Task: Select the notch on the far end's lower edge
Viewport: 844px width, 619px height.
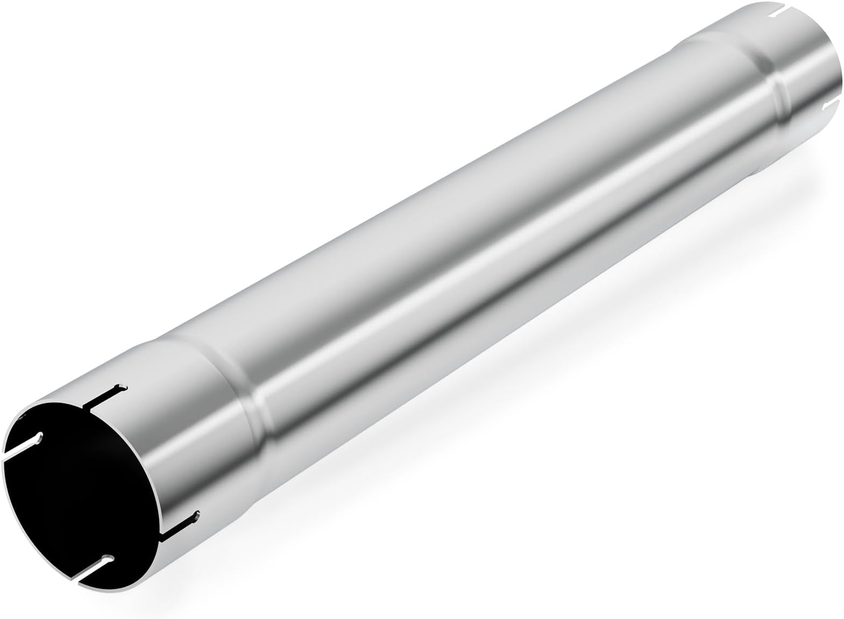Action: point(816,101)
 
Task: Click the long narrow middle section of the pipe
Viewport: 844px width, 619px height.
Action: point(484,226)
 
